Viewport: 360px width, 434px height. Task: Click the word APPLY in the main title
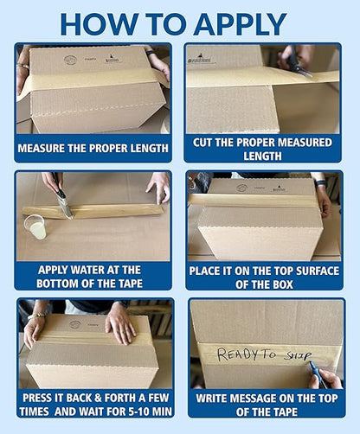pyautogui.click(x=241, y=24)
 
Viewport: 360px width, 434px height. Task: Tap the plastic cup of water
pyautogui.click(x=35, y=227)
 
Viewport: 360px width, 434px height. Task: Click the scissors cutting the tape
pyautogui.click(x=297, y=61)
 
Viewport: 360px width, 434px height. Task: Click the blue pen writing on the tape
pyautogui.click(x=318, y=375)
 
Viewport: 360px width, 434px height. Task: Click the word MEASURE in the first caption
pyautogui.click(x=42, y=149)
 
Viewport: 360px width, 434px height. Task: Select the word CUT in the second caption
pyautogui.click(x=202, y=143)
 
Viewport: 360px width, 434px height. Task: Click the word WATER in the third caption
pyautogui.click(x=87, y=270)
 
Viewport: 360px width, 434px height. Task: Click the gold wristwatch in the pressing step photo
pyautogui.click(x=36, y=316)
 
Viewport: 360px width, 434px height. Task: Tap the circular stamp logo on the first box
pyautogui.click(x=70, y=60)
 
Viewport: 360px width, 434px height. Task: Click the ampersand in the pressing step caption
pyautogui.click(x=98, y=398)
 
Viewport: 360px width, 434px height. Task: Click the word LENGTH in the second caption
pyautogui.click(x=262, y=156)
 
